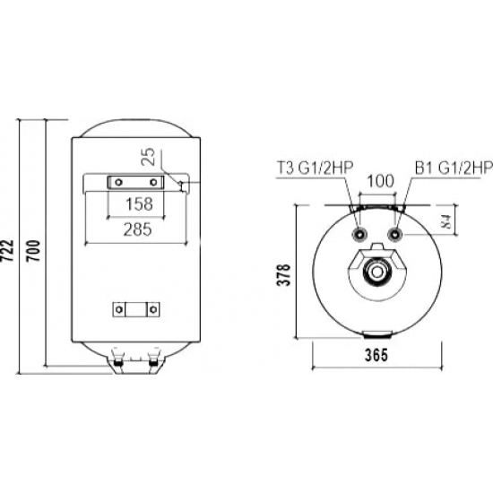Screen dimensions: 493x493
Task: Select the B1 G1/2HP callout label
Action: click(x=454, y=166)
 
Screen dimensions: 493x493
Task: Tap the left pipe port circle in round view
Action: click(x=360, y=234)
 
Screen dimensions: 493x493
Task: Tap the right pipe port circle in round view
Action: click(x=395, y=234)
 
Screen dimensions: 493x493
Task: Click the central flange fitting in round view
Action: click(x=378, y=272)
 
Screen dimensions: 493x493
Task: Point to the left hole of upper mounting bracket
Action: click(x=116, y=182)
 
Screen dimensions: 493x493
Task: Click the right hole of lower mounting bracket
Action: click(x=153, y=311)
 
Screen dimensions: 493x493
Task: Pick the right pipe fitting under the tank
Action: click(x=155, y=363)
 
